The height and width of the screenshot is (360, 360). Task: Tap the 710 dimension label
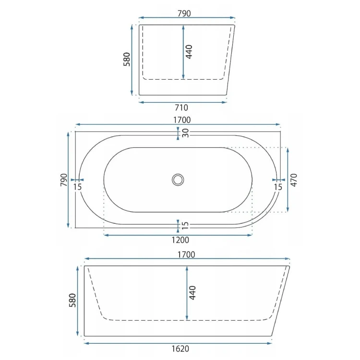(x=181, y=108)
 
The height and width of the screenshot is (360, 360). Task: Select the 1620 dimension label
(x=180, y=349)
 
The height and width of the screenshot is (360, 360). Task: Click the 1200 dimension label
(x=180, y=240)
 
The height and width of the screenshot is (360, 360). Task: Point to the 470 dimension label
(x=294, y=180)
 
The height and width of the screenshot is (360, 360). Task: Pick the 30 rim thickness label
(x=185, y=133)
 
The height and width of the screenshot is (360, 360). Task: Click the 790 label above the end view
(x=184, y=13)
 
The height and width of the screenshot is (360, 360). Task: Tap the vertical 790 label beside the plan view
(x=63, y=180)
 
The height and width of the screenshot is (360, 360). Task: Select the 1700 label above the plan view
(x=182, y=120)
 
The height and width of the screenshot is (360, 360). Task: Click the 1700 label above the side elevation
(x=186, y=254)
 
